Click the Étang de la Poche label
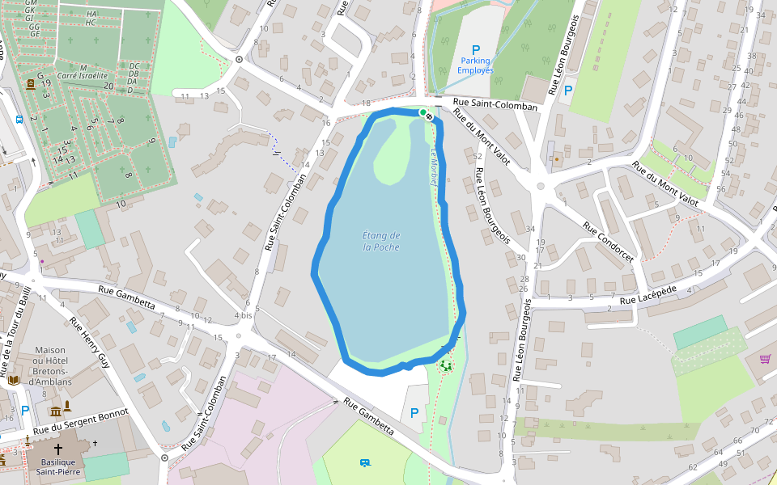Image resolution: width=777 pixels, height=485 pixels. click(x=381, y=241)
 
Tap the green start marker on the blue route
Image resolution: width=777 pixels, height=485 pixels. click(x=423, y=113)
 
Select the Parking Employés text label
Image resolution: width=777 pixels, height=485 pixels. click(x=475, y=65)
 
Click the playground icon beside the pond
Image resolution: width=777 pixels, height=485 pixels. click(x=446, y=365)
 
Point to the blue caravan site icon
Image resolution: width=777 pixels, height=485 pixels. click(x=365, y=462)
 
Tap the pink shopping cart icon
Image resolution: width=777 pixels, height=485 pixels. click(x=765, y=359)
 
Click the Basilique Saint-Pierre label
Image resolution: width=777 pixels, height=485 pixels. click(x=57, y=468)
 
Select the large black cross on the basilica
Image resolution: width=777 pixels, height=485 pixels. click(x=58, y=449)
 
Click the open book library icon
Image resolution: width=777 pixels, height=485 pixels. click(x=14, y=380)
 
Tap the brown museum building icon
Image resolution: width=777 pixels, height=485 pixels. click(x=56, y=411)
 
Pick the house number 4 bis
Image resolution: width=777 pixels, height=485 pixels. click(x=243, y=315)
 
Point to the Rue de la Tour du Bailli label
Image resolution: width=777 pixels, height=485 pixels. click(x=16, y=323)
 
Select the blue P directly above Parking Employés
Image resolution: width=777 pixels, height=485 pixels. click(x=476, y=49)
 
